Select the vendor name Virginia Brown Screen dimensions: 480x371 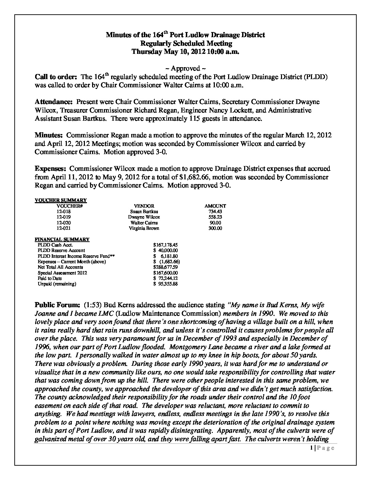(x=144, y=228)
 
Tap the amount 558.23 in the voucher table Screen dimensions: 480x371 (x=215, y=217)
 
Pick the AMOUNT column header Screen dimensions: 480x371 (x=215, y=206)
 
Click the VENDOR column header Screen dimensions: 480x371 (x=144, y=206)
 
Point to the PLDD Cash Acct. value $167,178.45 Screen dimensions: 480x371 (x=166, y=245)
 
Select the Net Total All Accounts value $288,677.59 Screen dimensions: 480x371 (x=166, y=267)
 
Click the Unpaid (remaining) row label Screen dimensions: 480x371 (x=57, y=284)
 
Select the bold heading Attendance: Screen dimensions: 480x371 (x=54, y=102)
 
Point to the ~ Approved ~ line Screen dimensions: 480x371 (x=185, y=69)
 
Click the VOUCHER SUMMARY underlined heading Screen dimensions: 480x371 (x=61, y=200)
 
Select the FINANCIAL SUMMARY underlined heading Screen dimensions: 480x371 (x=62, y=239)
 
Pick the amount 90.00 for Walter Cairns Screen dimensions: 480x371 (x=215, y=223)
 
